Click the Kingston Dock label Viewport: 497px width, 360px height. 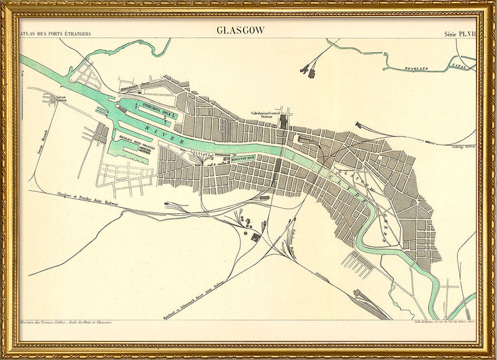tap(227, 160)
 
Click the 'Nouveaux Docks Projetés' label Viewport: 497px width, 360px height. tap(135, 141)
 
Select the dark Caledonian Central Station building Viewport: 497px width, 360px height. tap(285, 120)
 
